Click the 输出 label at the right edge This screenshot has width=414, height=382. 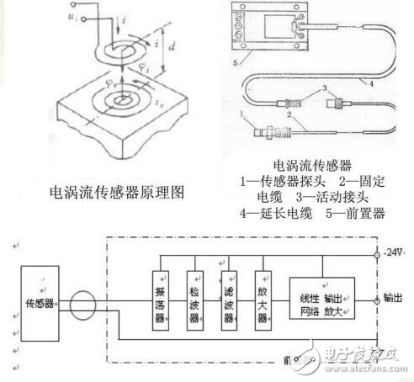[393, 298]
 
